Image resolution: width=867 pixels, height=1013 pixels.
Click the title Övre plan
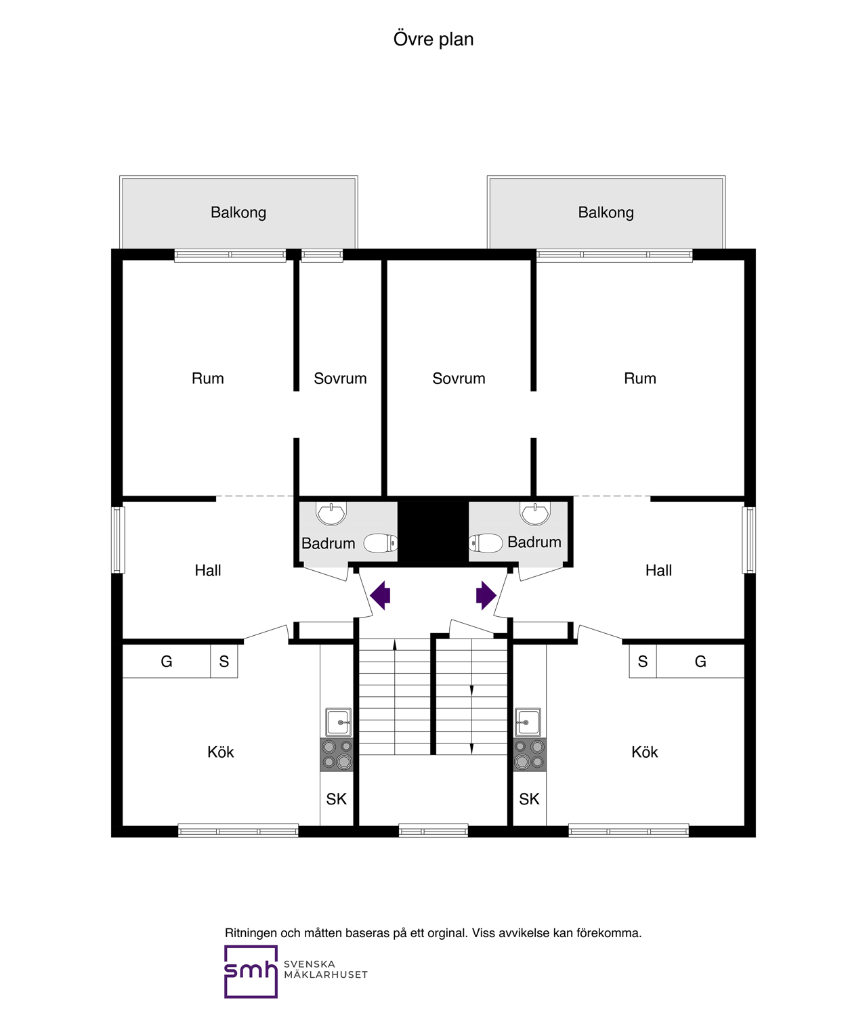point(433,39)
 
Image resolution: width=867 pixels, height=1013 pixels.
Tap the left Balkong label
point(238,212)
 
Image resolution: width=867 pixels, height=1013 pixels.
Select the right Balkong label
point(606,212)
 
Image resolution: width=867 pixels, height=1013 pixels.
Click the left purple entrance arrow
point(380,595)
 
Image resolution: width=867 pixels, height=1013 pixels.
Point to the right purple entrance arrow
point(486,595)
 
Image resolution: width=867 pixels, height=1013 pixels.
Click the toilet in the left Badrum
point(381,543)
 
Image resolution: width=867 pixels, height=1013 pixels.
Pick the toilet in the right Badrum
point(486,543)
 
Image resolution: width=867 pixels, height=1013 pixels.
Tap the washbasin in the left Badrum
point(331,514)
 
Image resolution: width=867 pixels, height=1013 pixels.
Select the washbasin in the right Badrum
point(535,514)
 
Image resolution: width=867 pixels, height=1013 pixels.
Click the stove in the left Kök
point(337,755)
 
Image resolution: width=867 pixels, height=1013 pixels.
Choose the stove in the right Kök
point(530,755)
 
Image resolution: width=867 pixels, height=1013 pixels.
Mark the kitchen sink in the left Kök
point(338,723)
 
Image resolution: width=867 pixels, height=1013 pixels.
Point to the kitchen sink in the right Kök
point(528,723)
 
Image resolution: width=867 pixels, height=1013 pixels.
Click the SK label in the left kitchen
point(336,799)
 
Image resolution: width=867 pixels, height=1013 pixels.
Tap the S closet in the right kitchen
point(643,662)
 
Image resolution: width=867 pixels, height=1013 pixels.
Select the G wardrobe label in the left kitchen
point(167,662)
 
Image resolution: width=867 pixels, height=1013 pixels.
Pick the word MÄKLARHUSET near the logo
point(326,975)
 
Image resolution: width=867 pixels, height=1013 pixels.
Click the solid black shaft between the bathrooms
point(433,532)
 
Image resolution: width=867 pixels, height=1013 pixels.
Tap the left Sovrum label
point(340,379)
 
